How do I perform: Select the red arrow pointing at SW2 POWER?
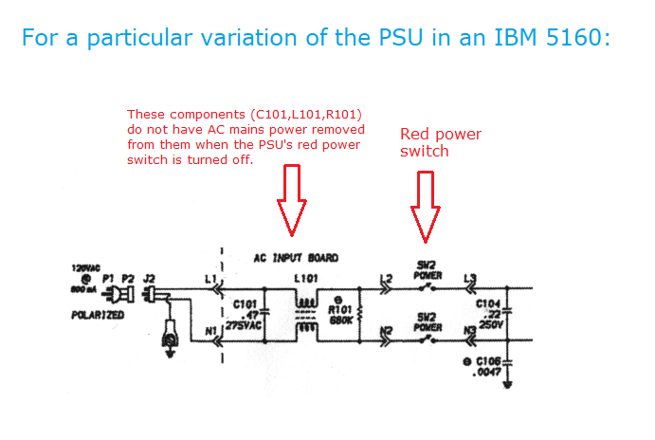point(426,206)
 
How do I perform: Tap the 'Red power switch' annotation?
point(440,142)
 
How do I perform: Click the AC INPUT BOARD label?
point(296,257)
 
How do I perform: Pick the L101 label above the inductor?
point(305,278)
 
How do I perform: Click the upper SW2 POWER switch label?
point(428,270)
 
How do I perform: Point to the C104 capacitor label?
point(488,304)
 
